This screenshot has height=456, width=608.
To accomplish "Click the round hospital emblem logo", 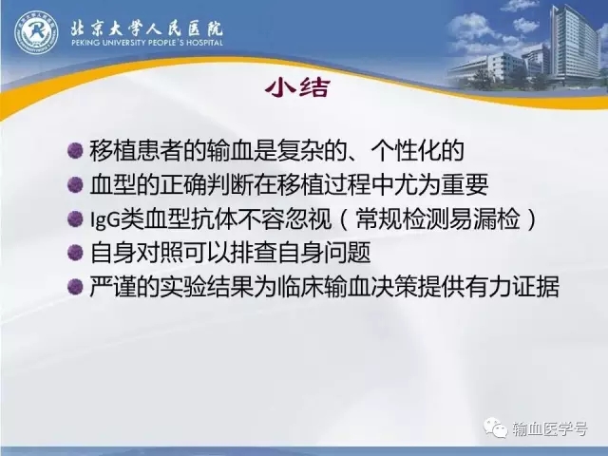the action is click(x=36, y=32).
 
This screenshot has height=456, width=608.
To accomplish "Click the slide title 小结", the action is click(x=297, y=87).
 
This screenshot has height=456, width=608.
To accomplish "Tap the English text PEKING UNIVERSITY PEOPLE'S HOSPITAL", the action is click(x=147, y=42).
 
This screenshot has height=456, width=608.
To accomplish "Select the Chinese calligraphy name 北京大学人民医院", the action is click(x=147, y=28).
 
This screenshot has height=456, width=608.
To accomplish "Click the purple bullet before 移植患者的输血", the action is click(x=75, y=150).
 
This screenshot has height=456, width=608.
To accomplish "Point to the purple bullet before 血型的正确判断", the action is click(x=75, y=184).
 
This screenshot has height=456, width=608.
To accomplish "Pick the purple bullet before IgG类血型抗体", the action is click(x=75, y=218).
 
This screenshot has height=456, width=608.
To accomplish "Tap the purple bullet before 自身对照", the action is click(x=75, y=253).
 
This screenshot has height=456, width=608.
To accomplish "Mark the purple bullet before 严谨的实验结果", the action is click(x=75, y=287).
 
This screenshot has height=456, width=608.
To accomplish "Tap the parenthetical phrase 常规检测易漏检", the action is click(x=438, y=218).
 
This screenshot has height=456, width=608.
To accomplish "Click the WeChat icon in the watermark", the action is click(x=495, y=428).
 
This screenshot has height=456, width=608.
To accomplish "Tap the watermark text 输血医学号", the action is click(x=549, y=428).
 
